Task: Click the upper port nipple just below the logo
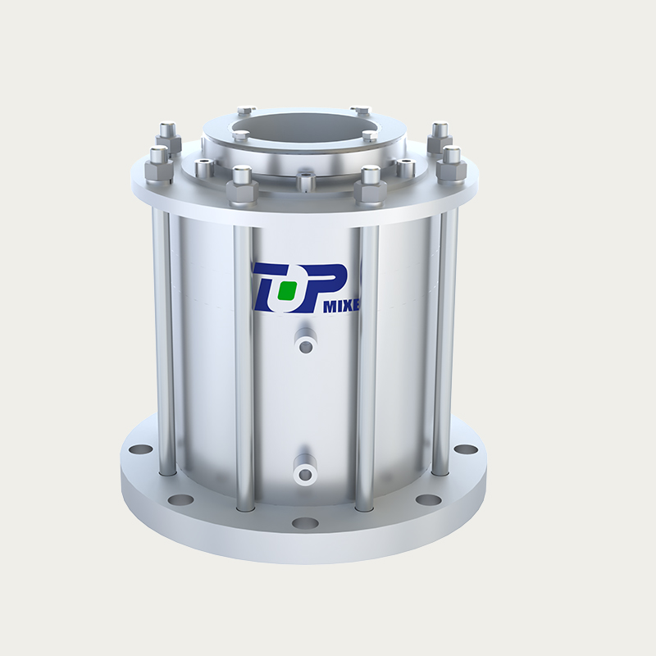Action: (x=305, y=344)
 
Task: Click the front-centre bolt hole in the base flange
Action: (x=305, y=522)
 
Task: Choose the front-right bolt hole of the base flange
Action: (x=427, y=499)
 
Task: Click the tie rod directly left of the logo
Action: (x=244, y=361)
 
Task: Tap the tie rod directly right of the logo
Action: (x=367, y=361)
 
